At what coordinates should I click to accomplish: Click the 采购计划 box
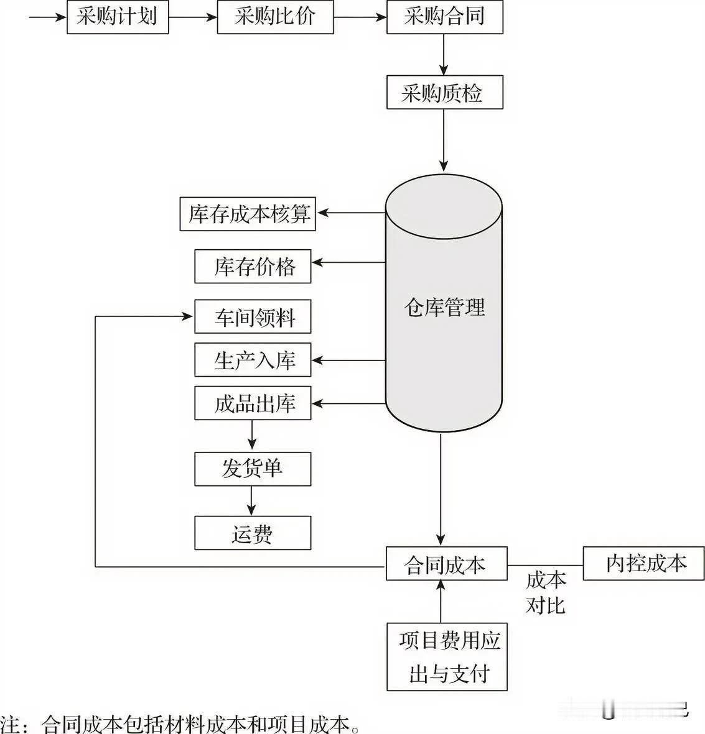click(x=118, y=17)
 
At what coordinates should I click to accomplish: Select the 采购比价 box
click(x=274, y=17)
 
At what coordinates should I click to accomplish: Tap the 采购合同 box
click(x=444, y=17)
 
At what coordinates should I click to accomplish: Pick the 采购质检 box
click(x=444, y=93)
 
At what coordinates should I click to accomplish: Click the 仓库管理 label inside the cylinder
click(x=444, y=307)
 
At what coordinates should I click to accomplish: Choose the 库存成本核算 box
click(x=248, y=214)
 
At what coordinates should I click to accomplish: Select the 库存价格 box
click(x=253, y=267)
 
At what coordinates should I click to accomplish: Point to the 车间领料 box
click(x=253, y=317)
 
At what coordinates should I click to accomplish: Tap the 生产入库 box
click(x=253, y=360)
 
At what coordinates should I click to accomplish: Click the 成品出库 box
click(x=253, y=403)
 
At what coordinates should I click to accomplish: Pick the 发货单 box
click(x=253, y=469)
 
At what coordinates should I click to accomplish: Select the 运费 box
click(x=253, y=533)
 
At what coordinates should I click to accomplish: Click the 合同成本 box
click(x=446, y=564)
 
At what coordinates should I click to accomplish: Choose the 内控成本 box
click(x=643, y=563)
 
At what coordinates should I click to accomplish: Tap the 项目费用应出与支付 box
click(x=447, y=656)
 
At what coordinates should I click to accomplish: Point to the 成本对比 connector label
click(x=546, y=592)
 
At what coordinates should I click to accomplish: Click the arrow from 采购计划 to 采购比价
click(x=192, y=17)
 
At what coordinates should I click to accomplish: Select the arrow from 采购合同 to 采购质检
click(x=444, y=54)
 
